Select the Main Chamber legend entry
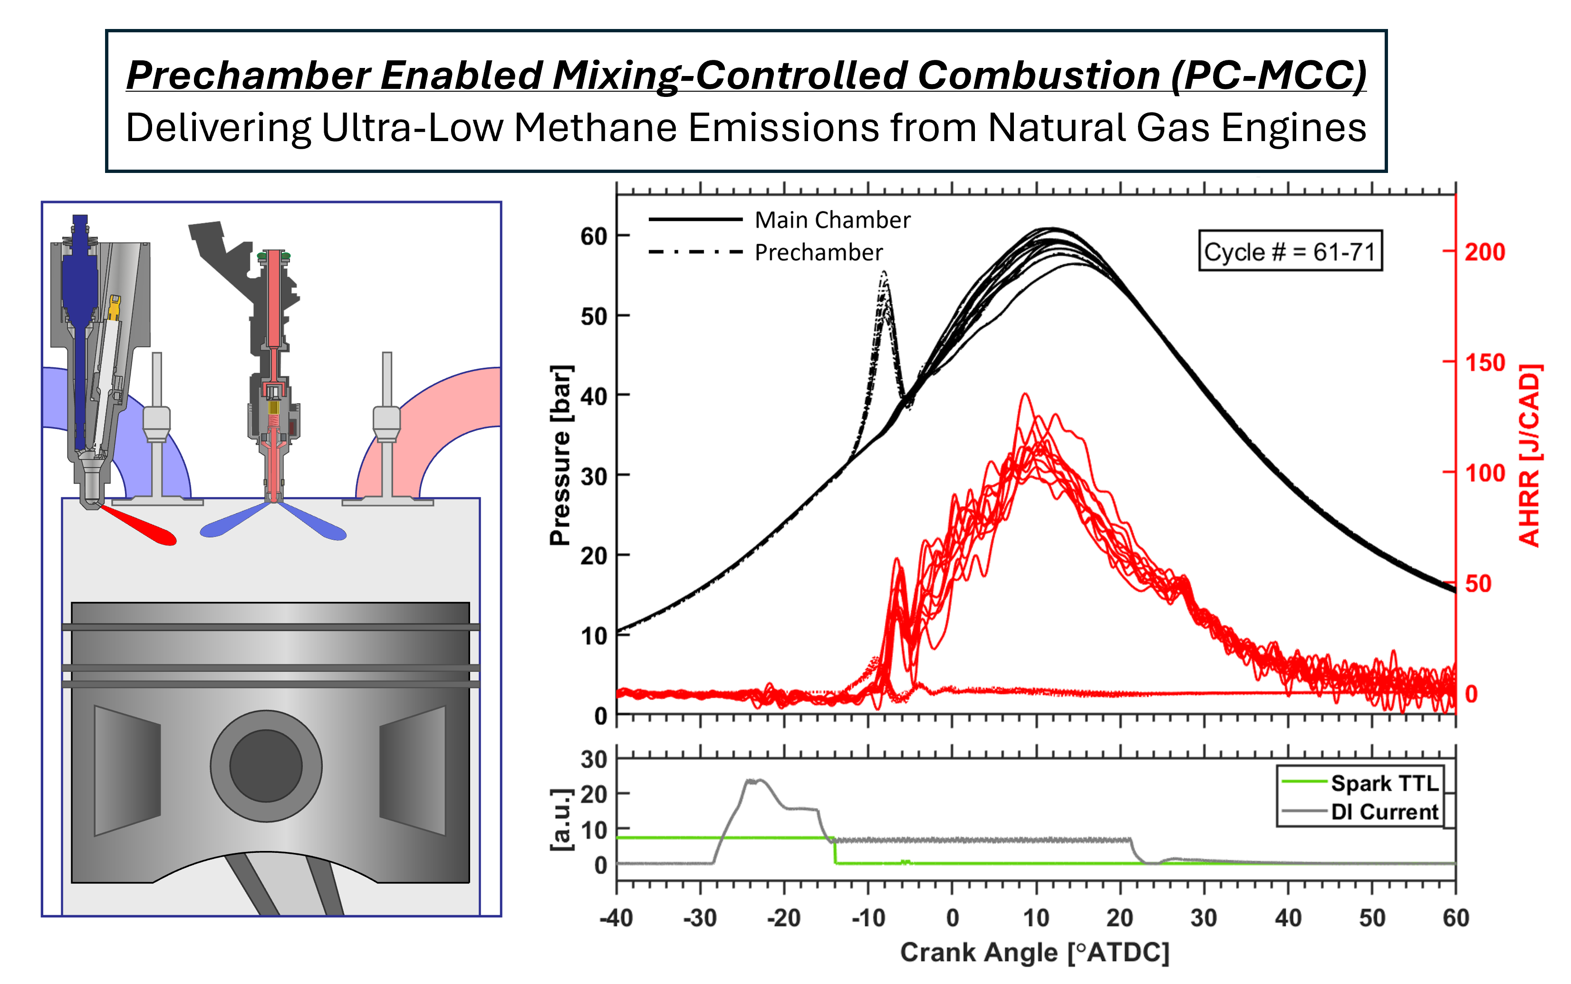[x=832, y=220]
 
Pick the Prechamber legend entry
[x=819, y=252]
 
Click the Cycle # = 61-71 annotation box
[x=1290, y=251]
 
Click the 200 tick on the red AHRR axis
[x=1485, y=252]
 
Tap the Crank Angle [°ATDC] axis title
[x=1034, y=953]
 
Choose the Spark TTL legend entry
[x=1384, y=783]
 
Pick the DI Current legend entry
[x=1384, y=812]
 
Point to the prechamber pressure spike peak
[x=884, y=273]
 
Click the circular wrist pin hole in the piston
[x=266, y=765]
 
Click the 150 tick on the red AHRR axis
[x=1485, y=363]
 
